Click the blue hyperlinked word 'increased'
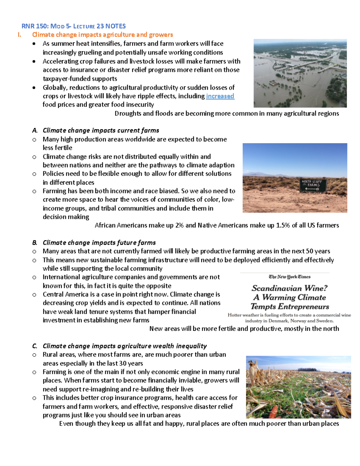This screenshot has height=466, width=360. click(220, 96)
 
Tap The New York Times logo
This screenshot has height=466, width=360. click(289, 277)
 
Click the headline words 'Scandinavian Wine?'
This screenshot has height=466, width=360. click(289, 288)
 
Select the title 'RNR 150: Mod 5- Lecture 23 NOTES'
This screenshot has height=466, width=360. click(73, 26)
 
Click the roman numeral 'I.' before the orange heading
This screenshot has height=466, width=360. click(20, 35)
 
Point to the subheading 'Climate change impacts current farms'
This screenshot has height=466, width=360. click(101, 130)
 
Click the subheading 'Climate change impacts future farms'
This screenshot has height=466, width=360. click(99, 242)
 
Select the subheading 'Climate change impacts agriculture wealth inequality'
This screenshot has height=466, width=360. click(124, 346)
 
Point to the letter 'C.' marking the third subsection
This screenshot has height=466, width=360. click(35, 346)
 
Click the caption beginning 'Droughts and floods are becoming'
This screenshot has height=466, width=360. click(227, 113)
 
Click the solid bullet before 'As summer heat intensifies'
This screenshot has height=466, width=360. click(34, 44)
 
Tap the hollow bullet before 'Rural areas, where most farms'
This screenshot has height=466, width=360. click(34, 355)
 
